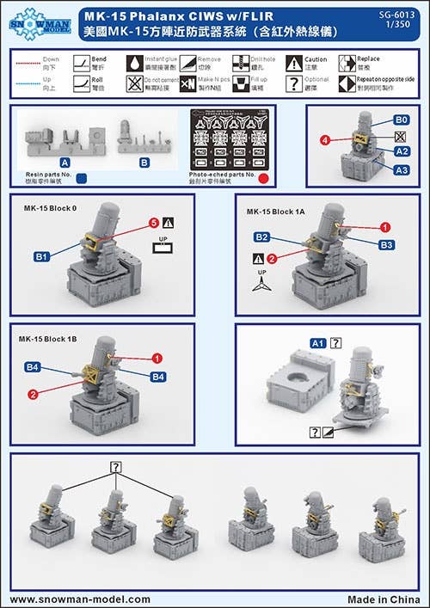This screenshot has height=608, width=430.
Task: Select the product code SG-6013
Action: click(396, 15)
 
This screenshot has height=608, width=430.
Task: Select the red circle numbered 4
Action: click(326, 138)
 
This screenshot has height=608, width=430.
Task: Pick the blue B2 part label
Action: click(262, 236)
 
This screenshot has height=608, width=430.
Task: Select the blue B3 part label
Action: click(387, 245)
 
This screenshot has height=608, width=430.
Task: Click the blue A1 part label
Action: click(316, 343)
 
